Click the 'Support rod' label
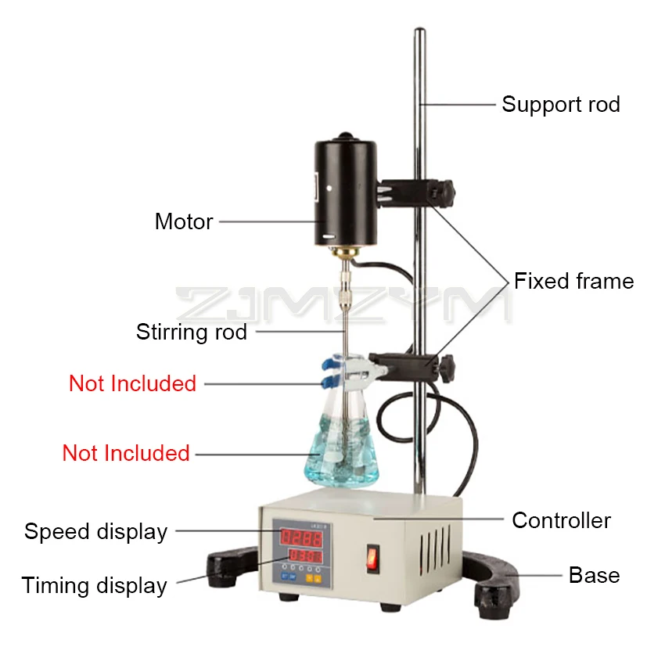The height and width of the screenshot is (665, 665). [560, 104]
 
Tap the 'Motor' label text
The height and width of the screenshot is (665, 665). [184, 221]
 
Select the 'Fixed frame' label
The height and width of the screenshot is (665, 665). [573, 281]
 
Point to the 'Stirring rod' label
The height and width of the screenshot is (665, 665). [192, 332]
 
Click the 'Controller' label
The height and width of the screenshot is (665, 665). [561, 520]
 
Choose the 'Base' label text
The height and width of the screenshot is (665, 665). [594, 575]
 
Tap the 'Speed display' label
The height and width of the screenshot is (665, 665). [96, 532]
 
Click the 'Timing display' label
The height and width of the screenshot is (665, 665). [95, 585]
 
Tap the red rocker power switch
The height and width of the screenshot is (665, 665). [372, 558]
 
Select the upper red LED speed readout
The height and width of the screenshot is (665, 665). [301, 537]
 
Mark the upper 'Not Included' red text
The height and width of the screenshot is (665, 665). [132, 383]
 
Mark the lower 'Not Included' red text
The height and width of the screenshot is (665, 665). [126, 453]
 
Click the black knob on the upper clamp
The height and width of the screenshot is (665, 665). [446, 190]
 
